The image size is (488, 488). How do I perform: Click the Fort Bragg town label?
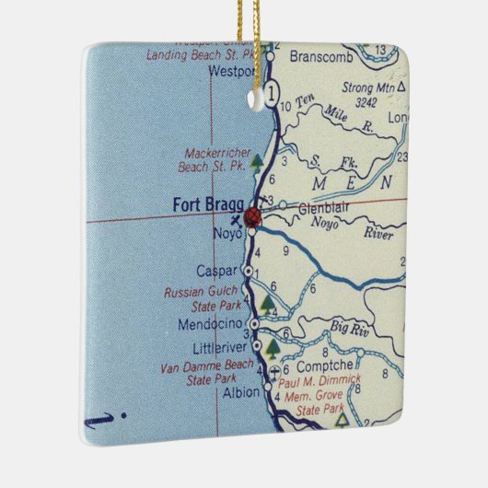[x=208, y=205]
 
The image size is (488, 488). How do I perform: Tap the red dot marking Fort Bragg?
[x=253, y=217]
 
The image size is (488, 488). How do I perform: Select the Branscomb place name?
[x=315, y=56]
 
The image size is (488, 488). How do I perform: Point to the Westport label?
[x=231, y=70]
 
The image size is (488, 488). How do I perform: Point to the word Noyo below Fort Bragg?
[x=225, y=234]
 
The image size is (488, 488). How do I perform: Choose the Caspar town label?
[x=217, y=271]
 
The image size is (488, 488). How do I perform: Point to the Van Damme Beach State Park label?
[x=206, y=373]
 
